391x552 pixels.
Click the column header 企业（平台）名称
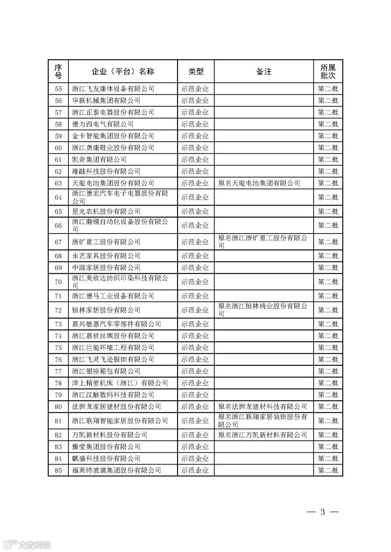123,72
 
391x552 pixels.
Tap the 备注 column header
264,72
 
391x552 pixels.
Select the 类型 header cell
195,72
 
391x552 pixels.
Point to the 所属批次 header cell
328,72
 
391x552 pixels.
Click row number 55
58,89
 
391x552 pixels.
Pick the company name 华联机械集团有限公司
106,100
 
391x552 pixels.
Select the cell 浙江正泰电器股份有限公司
113,112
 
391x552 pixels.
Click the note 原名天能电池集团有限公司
259,183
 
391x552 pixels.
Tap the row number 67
58,242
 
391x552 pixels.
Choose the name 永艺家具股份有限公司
106,256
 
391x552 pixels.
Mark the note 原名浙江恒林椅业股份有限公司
263,310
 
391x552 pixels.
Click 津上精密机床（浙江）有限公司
120,383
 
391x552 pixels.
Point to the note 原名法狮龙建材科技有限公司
262,407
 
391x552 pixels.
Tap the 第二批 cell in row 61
328,159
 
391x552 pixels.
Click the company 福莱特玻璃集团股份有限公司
116,470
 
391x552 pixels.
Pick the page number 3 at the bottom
322,512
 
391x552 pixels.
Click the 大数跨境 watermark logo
27,544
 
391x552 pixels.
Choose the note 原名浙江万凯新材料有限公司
262,435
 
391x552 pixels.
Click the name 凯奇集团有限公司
99,159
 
